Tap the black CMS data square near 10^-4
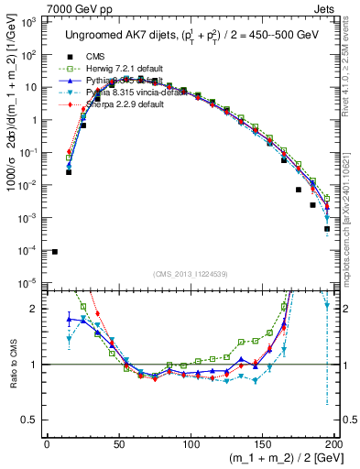[x=55, y=252]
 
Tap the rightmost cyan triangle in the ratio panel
[x=327, y=305]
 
